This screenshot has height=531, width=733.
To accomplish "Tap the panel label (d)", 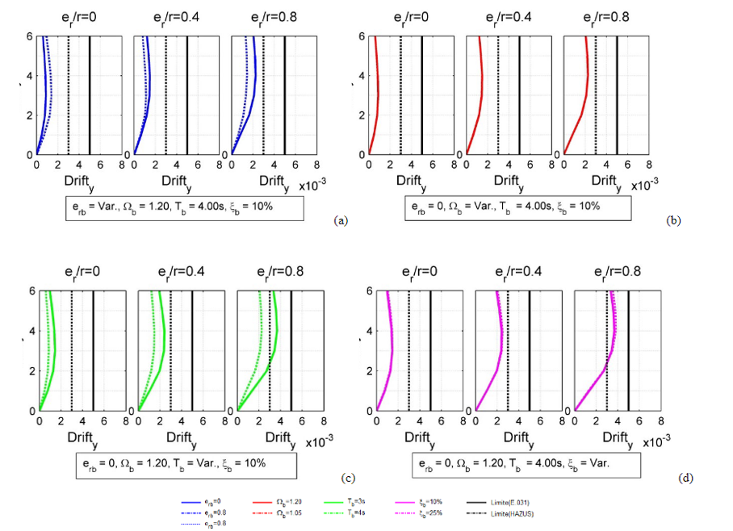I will point(687,478).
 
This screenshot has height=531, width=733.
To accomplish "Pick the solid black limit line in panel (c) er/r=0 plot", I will point(93,347).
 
